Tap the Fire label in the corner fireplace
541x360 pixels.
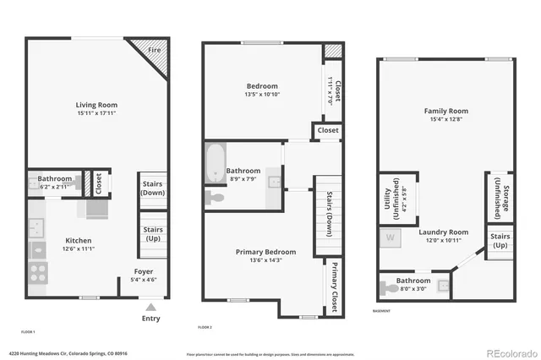coord(155,51)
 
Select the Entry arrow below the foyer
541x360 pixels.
coord(151,308)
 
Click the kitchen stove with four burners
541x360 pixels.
coord(38,272)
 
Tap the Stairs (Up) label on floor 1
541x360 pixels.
coord(153,233)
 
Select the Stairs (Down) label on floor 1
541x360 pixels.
coord(153,189)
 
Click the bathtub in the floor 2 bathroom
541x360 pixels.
coord(215,163)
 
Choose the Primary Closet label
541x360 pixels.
coord(335,281)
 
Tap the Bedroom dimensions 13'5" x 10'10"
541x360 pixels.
coord(262,95)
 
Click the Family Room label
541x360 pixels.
coord(446,112)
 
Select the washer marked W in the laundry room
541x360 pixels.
coord(391,238)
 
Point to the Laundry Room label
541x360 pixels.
coord(446,232)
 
